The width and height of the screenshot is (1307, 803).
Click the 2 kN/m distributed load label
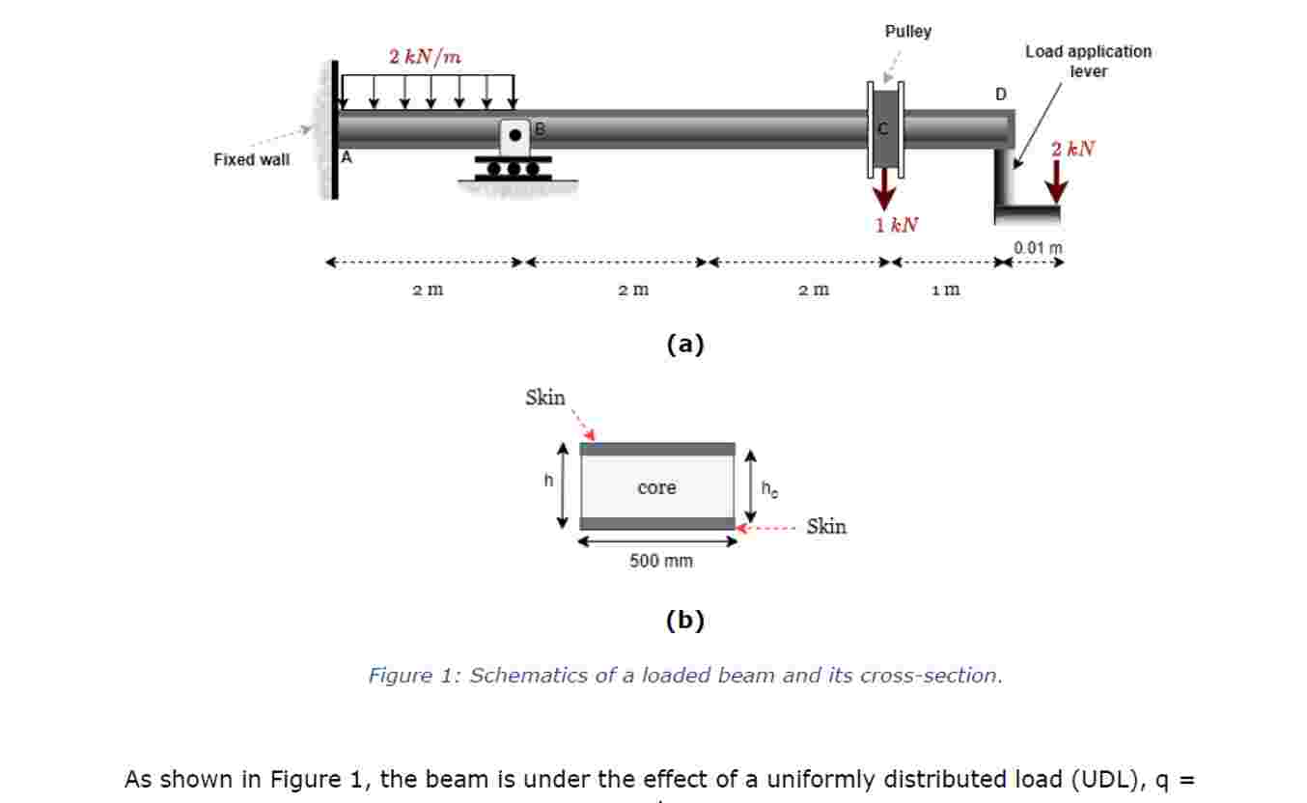click(425, 57)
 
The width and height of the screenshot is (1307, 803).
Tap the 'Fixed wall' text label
click(251, 160)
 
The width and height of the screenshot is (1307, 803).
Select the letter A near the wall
click(347, 159)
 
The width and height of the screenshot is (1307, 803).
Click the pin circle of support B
click(515, 135)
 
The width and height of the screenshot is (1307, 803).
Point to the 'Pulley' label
click(907, 32)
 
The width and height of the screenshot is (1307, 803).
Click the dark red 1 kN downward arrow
click(883, 192)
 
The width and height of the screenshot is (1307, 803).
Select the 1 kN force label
click(897, 226)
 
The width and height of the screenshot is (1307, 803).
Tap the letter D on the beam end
click(1000, 95)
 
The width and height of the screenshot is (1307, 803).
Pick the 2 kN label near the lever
click(1073, 149)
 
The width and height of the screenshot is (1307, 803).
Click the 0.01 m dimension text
click(1038, 248)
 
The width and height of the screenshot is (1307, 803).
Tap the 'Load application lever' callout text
click(1088, 61)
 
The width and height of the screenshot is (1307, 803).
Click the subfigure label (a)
click(685, 345)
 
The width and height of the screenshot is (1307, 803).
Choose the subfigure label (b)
click(685, 621)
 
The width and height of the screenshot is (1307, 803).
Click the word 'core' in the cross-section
click(656, 488)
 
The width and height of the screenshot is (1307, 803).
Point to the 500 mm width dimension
click(660, 562)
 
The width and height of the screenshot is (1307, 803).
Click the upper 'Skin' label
click(545, 398)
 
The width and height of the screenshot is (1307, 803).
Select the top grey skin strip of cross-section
click(657, 449)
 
